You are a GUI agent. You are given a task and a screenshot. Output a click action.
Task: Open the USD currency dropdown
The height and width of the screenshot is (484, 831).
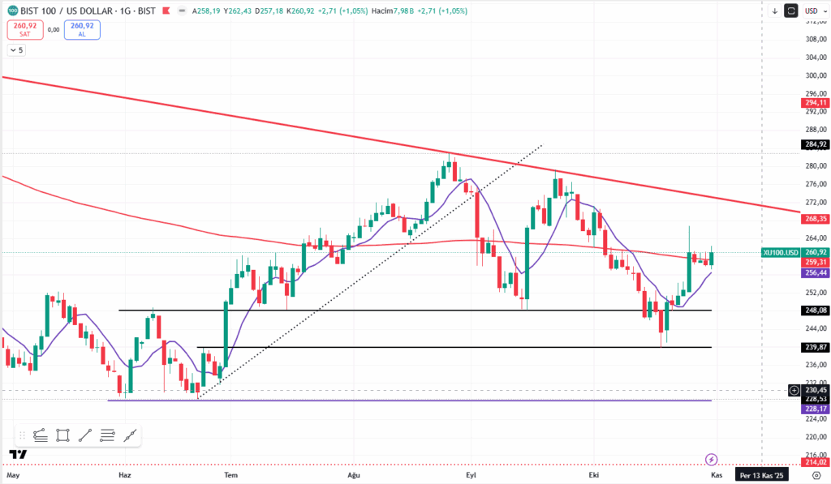812,11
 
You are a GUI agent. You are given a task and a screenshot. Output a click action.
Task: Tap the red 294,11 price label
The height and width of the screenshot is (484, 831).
815,103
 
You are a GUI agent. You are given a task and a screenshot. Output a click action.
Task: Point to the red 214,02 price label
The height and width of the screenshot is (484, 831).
815,462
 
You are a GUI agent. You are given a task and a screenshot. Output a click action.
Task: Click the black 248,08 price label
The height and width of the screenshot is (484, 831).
815,311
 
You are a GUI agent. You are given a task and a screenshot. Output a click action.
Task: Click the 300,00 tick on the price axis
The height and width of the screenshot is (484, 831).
814,75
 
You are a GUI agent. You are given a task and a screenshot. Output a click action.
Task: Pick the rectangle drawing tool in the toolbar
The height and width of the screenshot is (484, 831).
63,435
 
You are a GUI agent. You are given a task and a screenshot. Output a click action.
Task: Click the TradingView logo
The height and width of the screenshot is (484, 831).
17,454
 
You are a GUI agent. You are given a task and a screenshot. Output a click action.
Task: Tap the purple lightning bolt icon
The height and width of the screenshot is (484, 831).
712,460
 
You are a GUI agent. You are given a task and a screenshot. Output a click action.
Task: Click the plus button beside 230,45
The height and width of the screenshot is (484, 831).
794,391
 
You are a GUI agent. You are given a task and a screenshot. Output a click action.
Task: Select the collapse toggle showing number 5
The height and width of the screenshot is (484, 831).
16,50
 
